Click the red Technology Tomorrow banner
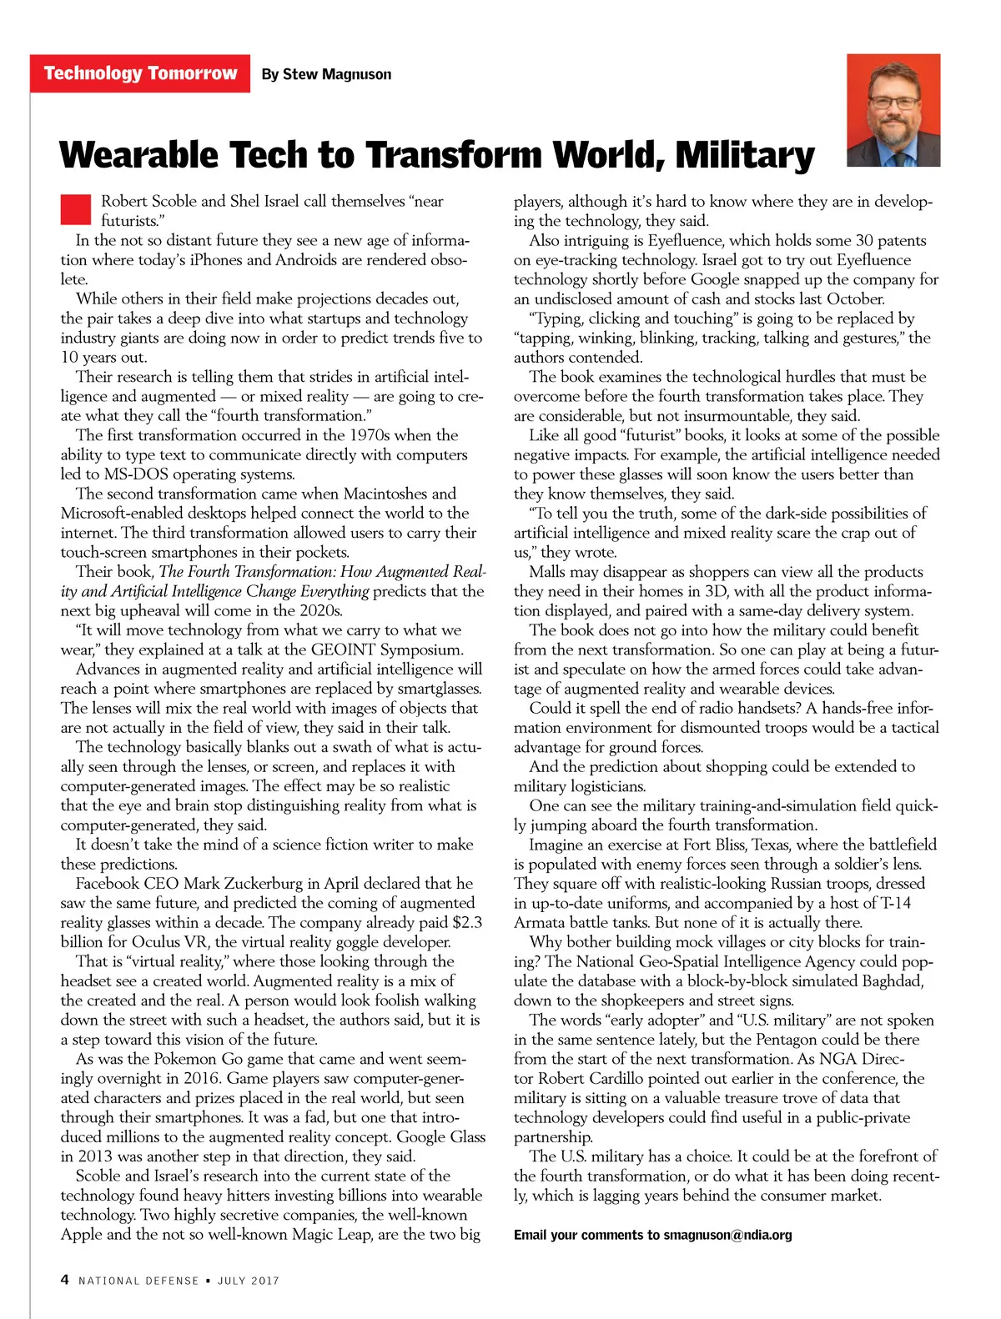[140, 73]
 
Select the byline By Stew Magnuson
[326, 74]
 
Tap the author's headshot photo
[893, 111]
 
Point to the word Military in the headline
[745, 156]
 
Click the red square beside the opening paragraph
[75, 209]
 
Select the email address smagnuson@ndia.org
[727, 1235]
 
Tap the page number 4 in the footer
[65, 1280]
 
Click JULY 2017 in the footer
[249, 1281]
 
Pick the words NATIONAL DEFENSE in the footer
[138, 1281]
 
